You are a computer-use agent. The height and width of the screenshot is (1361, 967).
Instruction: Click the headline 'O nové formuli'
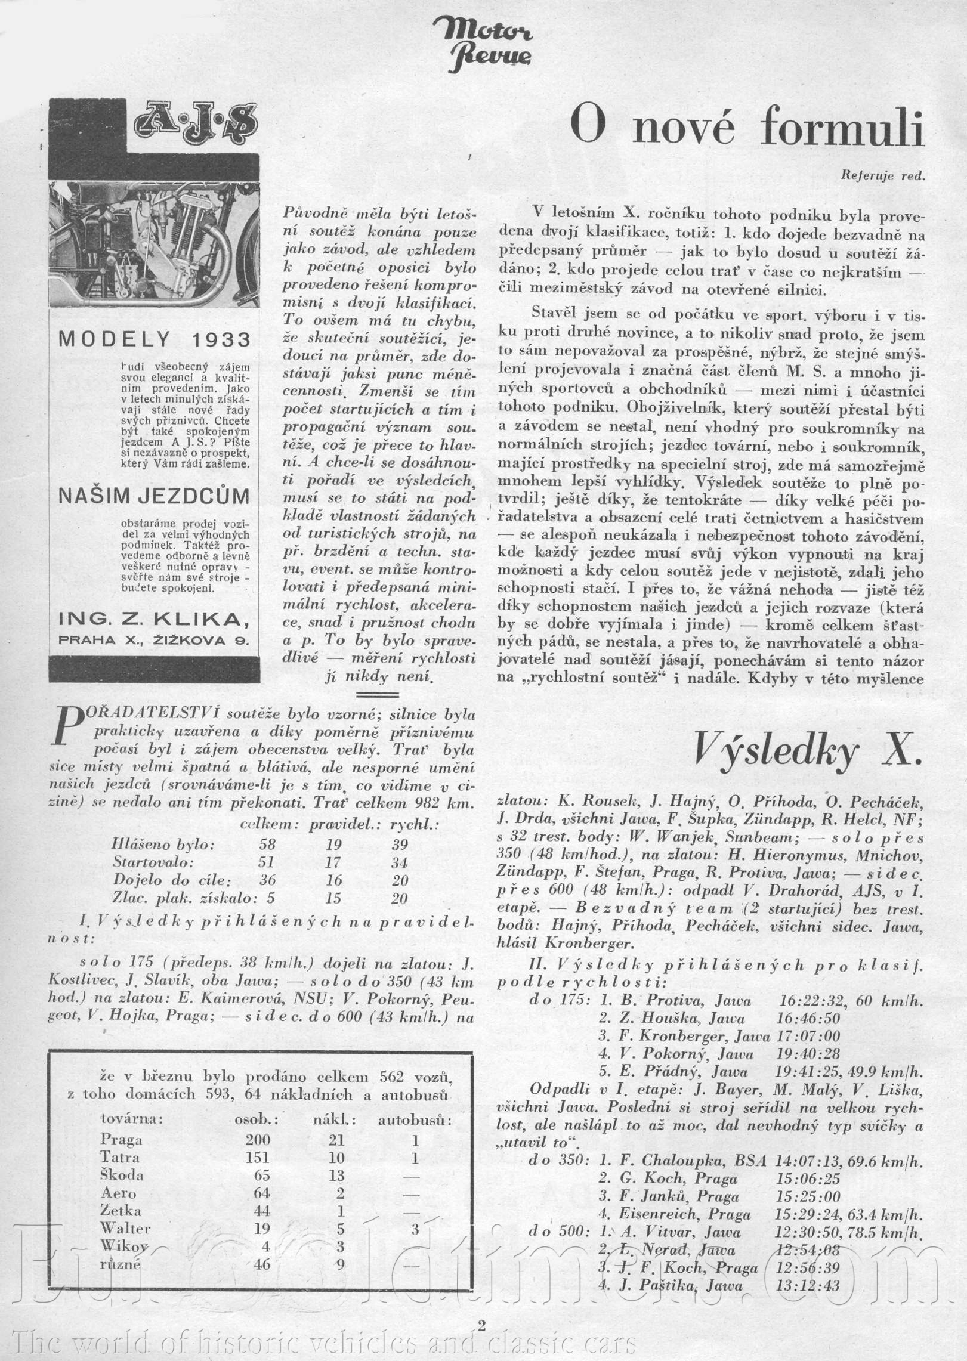pyautogui.click(x=746, y=126)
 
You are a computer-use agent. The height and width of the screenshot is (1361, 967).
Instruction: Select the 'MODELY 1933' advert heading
pyautogui.click(x=154, y=339)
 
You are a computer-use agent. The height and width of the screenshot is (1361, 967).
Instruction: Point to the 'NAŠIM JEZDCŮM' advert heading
pyautogui.click(x=154, y=496)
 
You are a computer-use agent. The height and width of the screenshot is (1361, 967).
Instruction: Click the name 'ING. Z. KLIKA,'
pyautogui.click(x=154, y=620)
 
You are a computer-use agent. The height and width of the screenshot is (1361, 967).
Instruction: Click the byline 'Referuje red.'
pyautogui.click(x=883, y=175)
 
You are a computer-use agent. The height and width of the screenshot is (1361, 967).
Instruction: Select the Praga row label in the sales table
pyautogui.click(x=122, y=1140)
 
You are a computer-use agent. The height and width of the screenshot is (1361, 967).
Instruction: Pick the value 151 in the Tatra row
pyautogui.click(x=257, y=1158)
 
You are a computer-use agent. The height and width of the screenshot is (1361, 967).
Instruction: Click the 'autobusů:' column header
pyautogui.click(x=415, y=1120)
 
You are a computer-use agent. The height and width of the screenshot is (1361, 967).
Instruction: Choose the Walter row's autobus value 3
pyautogui.click(x=415, y=1229)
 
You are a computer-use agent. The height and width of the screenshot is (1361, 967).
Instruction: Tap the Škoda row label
pyautogui.click(x=122, y=1176)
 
